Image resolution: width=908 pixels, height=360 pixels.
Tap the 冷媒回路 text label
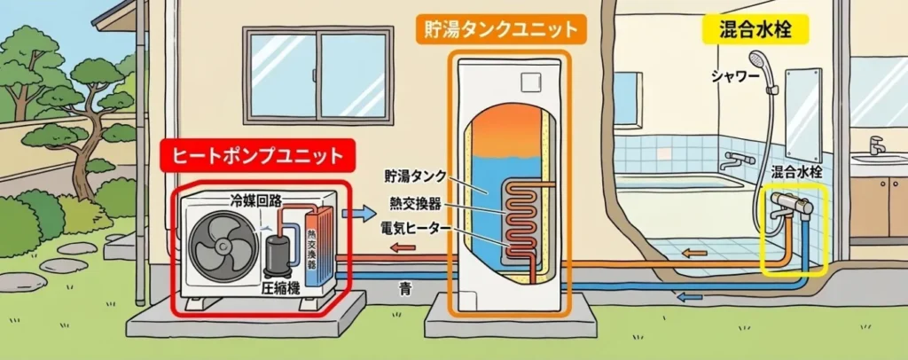tap(255, 200)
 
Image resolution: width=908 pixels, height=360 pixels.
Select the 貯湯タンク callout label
tap(415, 175)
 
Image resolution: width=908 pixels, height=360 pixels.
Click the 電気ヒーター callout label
tap(415, 228)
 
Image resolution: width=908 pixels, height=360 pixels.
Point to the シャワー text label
tap(735, 76)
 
